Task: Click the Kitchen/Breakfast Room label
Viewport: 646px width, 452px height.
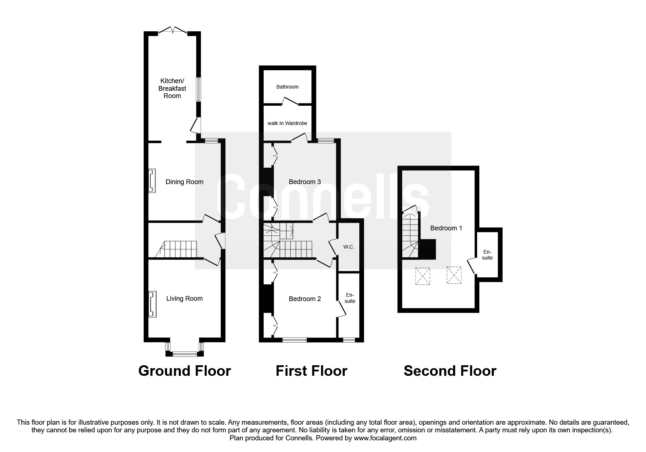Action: point(172,88)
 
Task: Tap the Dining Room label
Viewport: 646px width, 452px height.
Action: point(184,182)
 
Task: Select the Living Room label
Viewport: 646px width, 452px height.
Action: point(184,299)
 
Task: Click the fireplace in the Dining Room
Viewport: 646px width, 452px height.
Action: point(152,181)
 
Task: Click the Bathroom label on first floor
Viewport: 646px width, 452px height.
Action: point(287,87)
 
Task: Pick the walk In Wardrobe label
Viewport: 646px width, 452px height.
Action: point(287,123)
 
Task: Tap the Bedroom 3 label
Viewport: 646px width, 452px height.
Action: point(305,182)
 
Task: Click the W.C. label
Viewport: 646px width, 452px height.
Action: point(349,247)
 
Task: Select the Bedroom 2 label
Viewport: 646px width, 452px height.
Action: point(305,299)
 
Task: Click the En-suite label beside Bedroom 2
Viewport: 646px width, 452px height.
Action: point(350,298)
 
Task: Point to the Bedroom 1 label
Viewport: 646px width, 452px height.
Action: point(446,228)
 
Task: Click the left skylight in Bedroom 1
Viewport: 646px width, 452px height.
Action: point(423,276)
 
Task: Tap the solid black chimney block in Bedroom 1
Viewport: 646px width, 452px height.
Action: point(427,249)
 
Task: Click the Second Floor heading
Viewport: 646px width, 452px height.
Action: point(450,371)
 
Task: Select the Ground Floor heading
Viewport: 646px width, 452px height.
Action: point(185,371)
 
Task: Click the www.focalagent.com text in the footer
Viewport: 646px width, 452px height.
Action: point(385,438)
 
